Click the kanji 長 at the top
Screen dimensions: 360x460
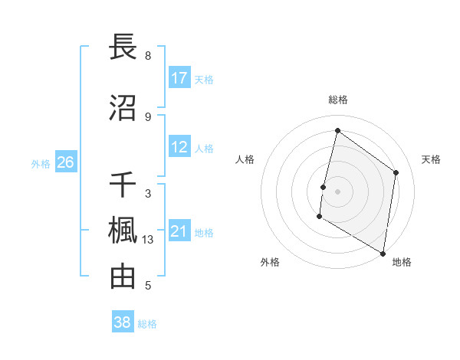click(123, 47)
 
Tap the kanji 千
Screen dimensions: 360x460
click(123, 185)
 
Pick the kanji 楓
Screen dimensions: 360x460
click(123, 231)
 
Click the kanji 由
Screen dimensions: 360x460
click(123, 277)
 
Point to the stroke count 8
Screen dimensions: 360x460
click(148, 56)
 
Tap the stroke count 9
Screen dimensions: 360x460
click(148, 116)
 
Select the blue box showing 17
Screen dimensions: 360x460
click(179, 78)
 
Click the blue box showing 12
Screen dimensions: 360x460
click(179, 147)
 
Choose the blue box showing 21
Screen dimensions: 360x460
click(179, 231)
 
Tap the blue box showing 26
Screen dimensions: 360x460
click(66, 162)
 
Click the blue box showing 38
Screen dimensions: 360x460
click(123, 322)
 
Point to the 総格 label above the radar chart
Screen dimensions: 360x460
click(337, 100)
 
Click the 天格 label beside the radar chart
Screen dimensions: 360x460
click(432, 159)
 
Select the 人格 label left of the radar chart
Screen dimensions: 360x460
click(245, 159)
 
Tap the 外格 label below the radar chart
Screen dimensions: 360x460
click(270, 262)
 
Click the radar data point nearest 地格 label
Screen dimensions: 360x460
click(383, 253)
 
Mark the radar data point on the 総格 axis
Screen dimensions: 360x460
click(337, 130)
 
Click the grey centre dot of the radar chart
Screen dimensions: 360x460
click(337, 191)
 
